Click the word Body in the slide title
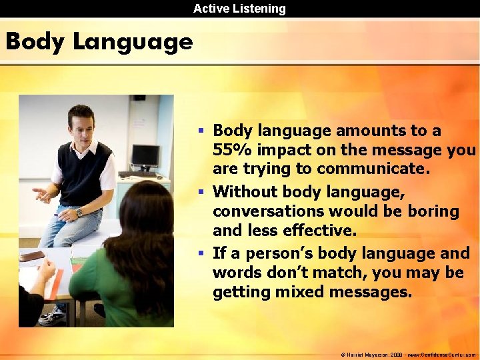click(35, 42)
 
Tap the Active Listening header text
click(239, 9)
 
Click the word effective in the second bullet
click(317, 231)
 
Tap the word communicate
click(373, 169)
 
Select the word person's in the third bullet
click(277, 253)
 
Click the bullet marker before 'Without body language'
click(201, 193)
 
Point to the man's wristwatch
click(79, 213)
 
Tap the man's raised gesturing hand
click(42, 195)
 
